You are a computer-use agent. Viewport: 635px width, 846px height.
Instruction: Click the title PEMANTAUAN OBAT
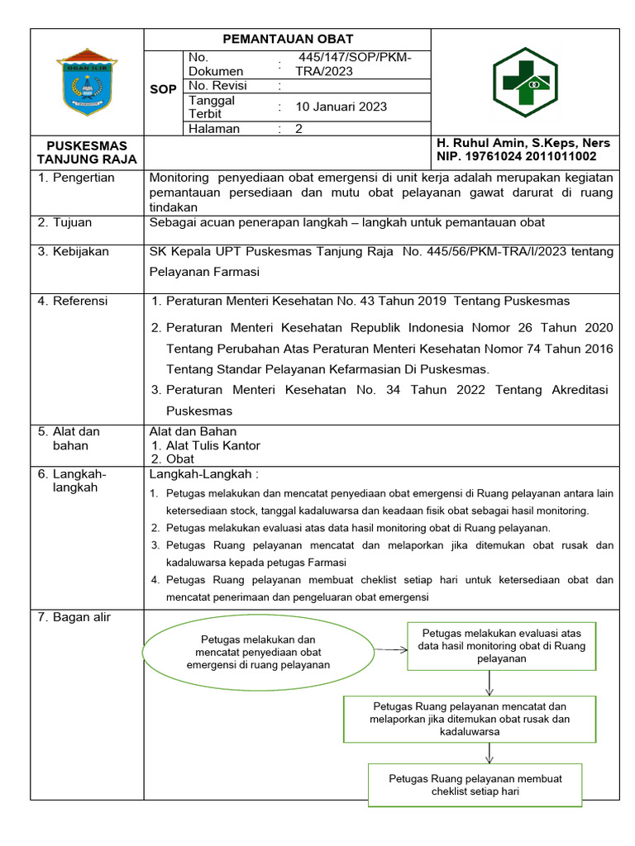coord(288,39)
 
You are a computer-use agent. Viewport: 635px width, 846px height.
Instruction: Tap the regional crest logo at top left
coord(87,82)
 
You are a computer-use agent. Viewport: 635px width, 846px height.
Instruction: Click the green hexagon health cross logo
coord(525,83)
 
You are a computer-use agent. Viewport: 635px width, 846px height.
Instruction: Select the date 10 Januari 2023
coord(341,107)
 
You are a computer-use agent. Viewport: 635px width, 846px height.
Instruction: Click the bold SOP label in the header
coord(163,89)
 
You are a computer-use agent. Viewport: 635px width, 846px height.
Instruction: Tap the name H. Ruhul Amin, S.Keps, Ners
coord(523,143)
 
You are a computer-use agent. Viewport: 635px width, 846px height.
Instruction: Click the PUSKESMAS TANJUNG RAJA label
coord(87,153)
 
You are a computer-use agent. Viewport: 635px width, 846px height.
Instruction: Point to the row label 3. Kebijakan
coord(74,252)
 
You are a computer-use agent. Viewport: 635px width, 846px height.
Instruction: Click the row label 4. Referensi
coord(73,302)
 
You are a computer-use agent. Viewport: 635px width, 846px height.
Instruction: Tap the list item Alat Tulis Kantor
coord(212,445)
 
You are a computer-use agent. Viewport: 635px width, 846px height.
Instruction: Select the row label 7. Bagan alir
coord(74,618)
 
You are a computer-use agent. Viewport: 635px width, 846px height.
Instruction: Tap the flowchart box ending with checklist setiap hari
coord(475,785)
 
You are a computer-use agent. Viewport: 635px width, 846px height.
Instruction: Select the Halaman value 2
coord(299,129)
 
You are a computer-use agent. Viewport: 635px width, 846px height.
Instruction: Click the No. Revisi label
coord(216,85)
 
